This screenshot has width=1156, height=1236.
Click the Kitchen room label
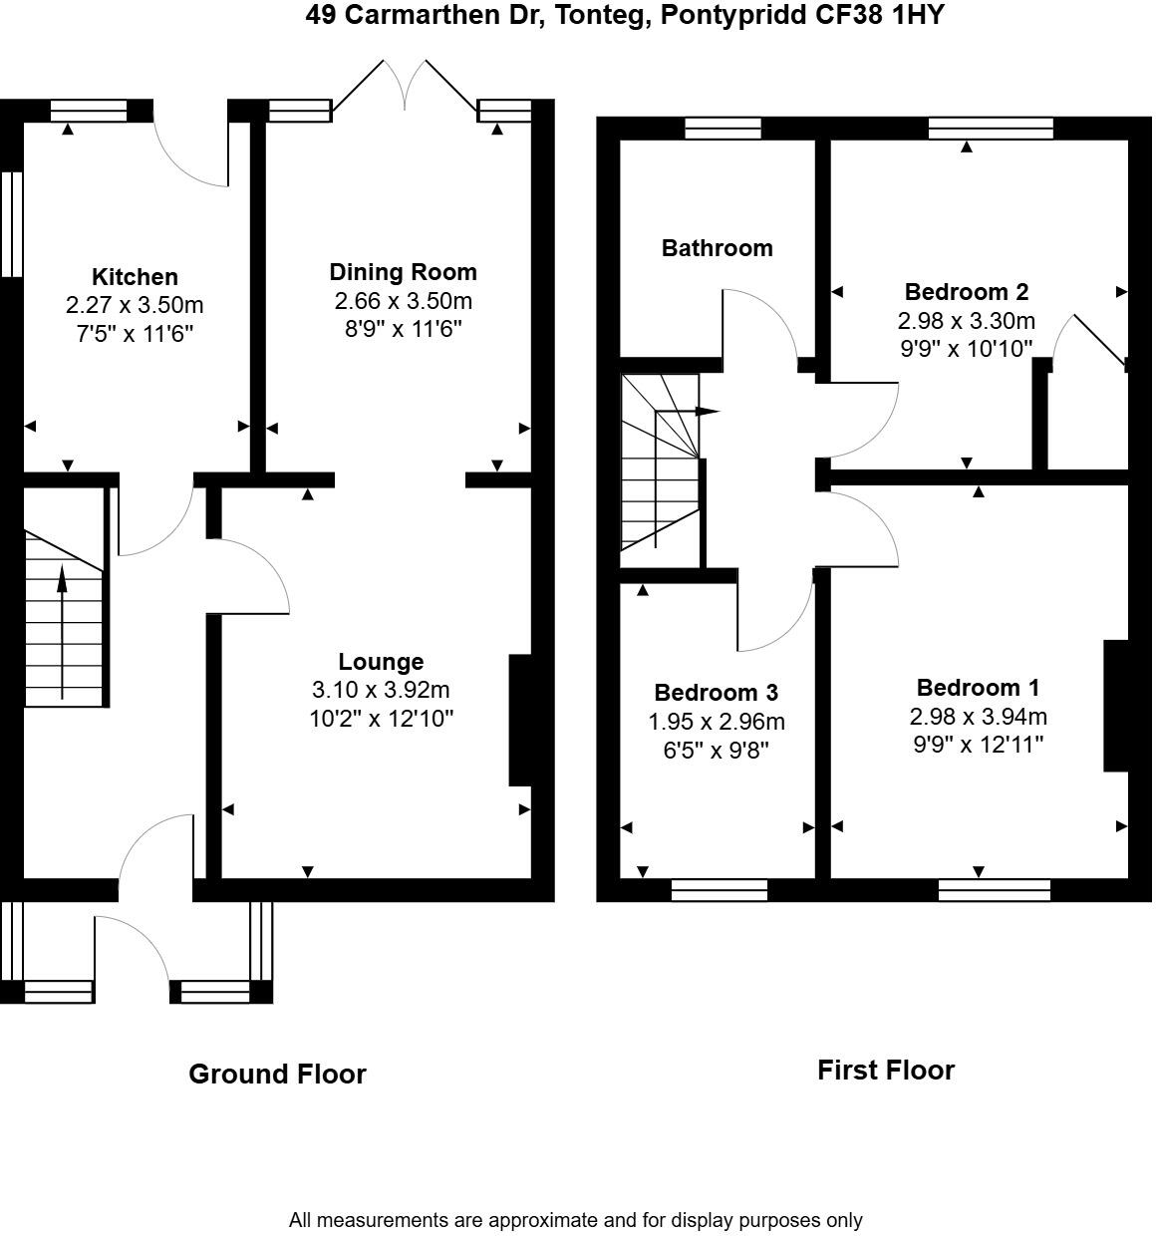pyautogui.click(x=135, y=277)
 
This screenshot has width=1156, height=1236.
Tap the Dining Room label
pyautogui.click(x=403, y=272)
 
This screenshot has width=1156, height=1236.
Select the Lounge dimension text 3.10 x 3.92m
pyautogui.click(x=381, y=690)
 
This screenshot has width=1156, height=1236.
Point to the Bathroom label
pyautogui.click(x=717, y=248)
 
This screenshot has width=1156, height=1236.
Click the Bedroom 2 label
pyautogui.click(x=966, y=292)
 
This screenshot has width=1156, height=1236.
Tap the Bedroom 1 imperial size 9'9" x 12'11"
pyautogui.click(x=978, y=745)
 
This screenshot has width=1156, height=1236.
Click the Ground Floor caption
pyautogui.click(x=277, y=1074)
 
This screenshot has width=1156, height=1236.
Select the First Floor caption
pyautogui.click(x=885, y=1071)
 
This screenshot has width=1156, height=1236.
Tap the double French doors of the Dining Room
pyautogui.click(x=404, y=86)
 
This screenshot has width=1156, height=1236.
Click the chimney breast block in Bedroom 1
pyautogui.click(x=1115, y=705)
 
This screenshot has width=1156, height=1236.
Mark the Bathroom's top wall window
pyautogui.click(x=722, y=128)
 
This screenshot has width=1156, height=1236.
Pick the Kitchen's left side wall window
pyautogui.click(x=11, y=223)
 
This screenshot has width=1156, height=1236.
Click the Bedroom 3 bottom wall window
pyautogui.click(x=719, y=890)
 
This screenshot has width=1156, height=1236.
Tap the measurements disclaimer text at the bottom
pyautogui.click(x=575, y=1220)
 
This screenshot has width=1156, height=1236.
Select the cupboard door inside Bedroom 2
pyautogui.click(x=1099, y=339)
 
